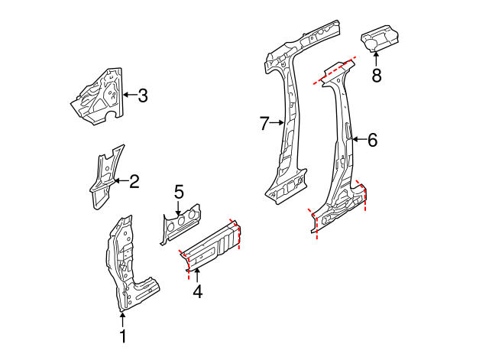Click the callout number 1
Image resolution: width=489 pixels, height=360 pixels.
pyautogui.click(x=122, y=336)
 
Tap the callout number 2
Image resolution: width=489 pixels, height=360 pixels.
pyautogui.click(x=134, y=181)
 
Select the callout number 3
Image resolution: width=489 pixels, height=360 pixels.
pyautogui.click(x=143, y=96)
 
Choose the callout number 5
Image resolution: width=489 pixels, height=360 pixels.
pyautogui.click(x=179, y=191)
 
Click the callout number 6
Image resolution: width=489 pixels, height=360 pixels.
pyautogui.click(x=372, y=140)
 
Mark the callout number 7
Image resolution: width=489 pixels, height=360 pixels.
pyautogui.click(x=264, y=122)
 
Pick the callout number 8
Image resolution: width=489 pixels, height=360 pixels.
pyautogui.click(x=376, y=75)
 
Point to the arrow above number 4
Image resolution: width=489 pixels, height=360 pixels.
pyautogui.click(x=197, y=274)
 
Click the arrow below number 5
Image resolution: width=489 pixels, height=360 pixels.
pyautogui.click(x=179, y=208)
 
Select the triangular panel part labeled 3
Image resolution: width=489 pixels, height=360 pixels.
pyautogui.click(x=98, y=96)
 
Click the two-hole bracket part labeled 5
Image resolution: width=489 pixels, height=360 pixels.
pyautogui.click(x=180, y=225)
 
